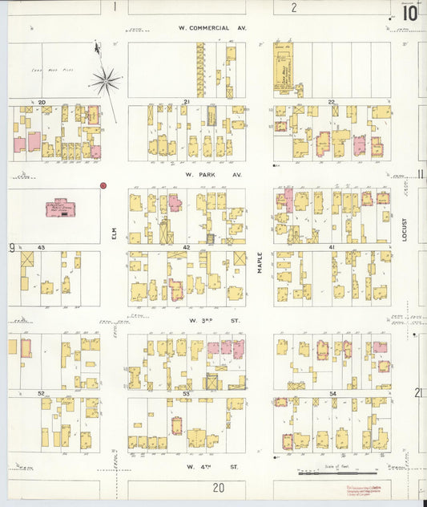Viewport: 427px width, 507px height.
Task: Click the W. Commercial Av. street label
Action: [212, 27]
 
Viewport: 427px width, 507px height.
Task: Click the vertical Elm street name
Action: [115, 233]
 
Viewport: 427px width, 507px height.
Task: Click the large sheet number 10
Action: [409, 13]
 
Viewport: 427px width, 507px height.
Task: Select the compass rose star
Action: [105, 79]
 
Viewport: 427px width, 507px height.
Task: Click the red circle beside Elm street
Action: [103, 185]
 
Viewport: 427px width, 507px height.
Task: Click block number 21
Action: [186, 102]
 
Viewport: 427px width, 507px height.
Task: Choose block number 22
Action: [331, 102]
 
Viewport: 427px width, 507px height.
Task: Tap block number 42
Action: [186, 247]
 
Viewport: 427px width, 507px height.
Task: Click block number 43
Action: [40, 247]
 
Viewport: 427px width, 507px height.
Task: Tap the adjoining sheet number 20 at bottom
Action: [218, 486]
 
